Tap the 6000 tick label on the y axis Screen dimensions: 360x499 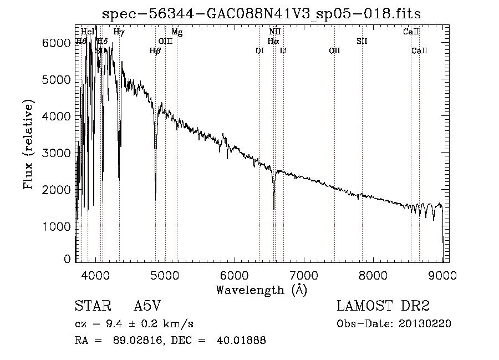[56, 43]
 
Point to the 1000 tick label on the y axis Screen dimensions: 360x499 [56, 226]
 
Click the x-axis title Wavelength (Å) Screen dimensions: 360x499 [261, 290]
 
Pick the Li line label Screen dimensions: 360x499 [283, 51]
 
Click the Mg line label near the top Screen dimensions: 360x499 [177, 32]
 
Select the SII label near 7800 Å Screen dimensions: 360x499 [362, 42]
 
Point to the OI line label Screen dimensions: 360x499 [259, 51]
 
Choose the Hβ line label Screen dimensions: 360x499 [155, 51]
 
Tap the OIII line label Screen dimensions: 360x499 [166, 42]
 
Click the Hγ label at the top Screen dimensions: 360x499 [119, 32]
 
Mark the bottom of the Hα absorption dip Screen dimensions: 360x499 [274, 209]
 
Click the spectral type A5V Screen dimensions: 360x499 [147, 306]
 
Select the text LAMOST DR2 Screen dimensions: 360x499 [383, 306]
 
